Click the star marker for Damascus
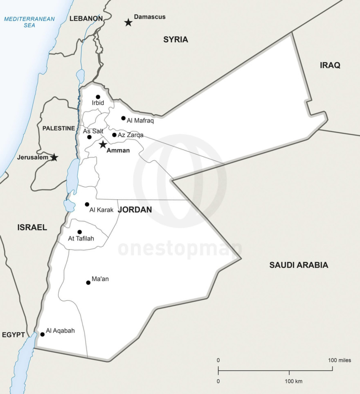(128, 23)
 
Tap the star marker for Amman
(103, 144)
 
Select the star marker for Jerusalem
(54, 157)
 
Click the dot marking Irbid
(98, 97)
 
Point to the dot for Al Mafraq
(123, 118)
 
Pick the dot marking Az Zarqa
(114, 135)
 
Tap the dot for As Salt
(89, 137)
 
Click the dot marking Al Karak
(87, 204)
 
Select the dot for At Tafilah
(79, 232)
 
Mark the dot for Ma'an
(88, 283)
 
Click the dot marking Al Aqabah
(42, 334)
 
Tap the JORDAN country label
(135, 210)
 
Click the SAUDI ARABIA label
(299, 265)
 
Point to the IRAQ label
(330, 65)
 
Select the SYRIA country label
(175, 40)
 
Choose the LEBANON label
(86, 18)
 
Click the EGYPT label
(13, 335)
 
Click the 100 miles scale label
(339, 360)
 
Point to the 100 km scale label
(293, 381)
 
